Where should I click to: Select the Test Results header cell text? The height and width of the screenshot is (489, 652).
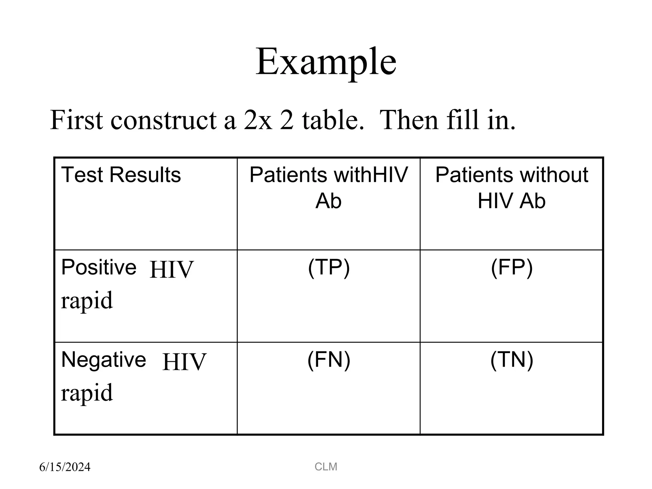[x=121, y=175]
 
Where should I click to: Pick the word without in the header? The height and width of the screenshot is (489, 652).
[x=553, y=175]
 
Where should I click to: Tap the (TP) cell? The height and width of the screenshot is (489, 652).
[x=329, y=267]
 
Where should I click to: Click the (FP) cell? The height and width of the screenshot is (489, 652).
[x=512, y=267]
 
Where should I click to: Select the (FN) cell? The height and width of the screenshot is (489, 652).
[x=329, y=360]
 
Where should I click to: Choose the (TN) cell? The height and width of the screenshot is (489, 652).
[x=512, y=360]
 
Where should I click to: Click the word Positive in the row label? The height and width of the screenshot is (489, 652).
[x=99, y=267]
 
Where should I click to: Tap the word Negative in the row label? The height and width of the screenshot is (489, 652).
[x=103, y=360]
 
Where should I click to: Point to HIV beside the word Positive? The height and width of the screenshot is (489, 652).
[x=171, y=270]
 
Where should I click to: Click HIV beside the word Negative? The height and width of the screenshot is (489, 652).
[x=184, y=362]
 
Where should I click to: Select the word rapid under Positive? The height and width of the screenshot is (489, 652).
[x=87, y=301]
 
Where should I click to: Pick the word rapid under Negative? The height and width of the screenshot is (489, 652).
[x=87, y=393]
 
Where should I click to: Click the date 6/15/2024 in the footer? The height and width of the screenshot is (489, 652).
[x=65, y=467]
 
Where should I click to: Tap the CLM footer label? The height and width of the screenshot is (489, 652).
[x=326, y=467]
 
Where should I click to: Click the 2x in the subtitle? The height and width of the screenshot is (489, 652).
[x=258, y=120]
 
